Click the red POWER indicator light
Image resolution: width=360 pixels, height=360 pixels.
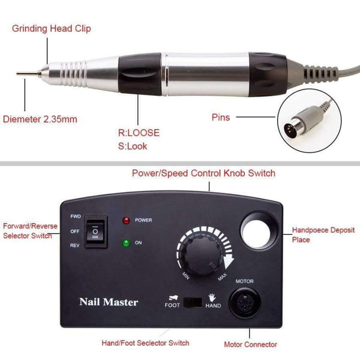(x=127, y=220)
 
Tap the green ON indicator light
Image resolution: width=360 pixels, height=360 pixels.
(x=127, y=244)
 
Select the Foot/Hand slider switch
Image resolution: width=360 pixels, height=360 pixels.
(x=194, y=301)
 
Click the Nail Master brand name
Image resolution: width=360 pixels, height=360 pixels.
(x=109, y=301)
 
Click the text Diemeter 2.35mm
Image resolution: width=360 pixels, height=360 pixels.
(x=41, y=119)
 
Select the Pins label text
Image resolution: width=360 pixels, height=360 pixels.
(x=220, y=118)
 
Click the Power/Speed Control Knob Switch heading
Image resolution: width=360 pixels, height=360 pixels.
(x=203, y=173)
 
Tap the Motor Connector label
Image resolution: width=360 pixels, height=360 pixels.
(x=250, y=344)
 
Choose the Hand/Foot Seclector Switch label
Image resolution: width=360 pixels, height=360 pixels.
(x=146, y=343)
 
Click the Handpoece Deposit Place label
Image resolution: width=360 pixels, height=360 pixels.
(x=318, y=235)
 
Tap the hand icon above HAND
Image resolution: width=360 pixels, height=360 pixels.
(x=211, y=295)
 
